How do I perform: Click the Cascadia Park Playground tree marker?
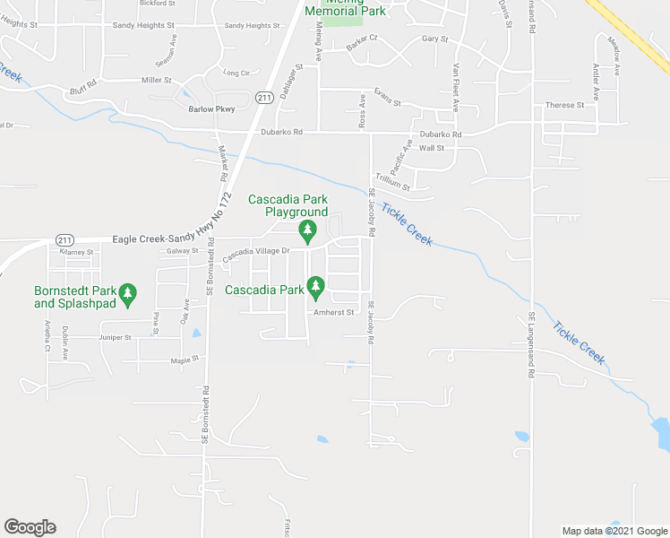click(x=307, y=232)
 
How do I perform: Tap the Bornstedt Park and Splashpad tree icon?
click(x=128, y=294)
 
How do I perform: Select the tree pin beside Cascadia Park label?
click(x=315, y=287)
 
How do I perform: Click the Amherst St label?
click(x=335, y=313)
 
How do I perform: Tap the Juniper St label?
click(x=115, y=338)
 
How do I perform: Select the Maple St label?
click(x=183, y=360)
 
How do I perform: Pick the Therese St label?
click(x=564, y=105)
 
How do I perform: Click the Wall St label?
click(x=432, y=147)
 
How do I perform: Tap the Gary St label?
click(x=434, y=39)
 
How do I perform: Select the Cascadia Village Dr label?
click(x=256, y=252)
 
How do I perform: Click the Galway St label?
click(x=181, y=251)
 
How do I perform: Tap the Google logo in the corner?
click(x=30, y=527)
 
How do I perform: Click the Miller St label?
click(x=156, y=81)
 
